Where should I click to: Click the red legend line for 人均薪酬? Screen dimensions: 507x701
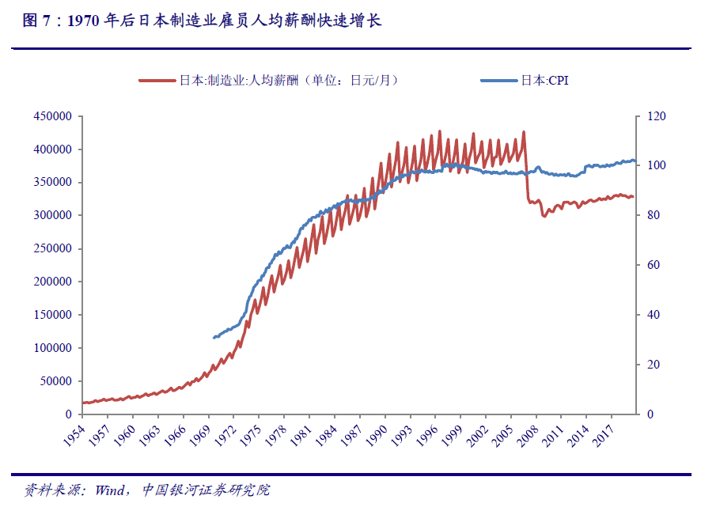pos(157,81)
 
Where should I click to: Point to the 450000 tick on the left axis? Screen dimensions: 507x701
pos(54,116)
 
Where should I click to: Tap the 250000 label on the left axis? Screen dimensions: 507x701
pos(54,248)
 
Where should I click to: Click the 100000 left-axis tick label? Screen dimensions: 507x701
pos(54,348)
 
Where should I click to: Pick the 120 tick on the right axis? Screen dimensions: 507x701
pos(657,116)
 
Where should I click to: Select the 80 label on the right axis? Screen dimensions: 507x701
pos(654,215)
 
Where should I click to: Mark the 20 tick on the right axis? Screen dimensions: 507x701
pos(654,365)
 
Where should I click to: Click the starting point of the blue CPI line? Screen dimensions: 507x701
pos(214,338)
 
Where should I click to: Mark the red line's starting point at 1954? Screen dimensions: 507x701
pos(83,403)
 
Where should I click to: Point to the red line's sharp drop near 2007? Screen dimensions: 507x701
pos(527,170)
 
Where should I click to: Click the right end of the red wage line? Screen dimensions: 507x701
pos(633,197)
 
